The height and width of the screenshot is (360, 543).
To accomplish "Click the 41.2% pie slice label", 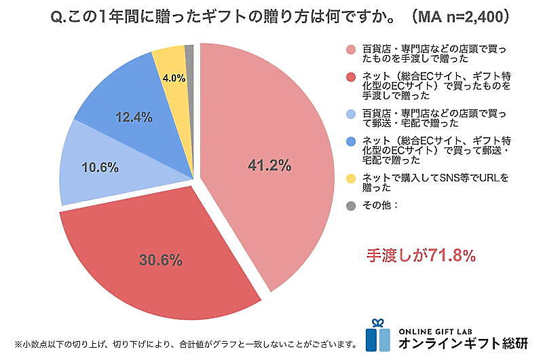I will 269,165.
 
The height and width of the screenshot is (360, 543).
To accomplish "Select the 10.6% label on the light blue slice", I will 100,166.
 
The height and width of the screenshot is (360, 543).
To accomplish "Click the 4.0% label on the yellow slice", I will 173,77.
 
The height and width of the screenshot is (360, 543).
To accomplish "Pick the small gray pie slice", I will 190,50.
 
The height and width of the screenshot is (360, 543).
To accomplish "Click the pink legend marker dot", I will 350,52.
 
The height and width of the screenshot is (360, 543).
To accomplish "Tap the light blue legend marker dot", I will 350,115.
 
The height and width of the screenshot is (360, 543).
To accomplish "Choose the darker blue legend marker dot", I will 350,142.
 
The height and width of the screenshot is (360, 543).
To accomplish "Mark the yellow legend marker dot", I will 350,178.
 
